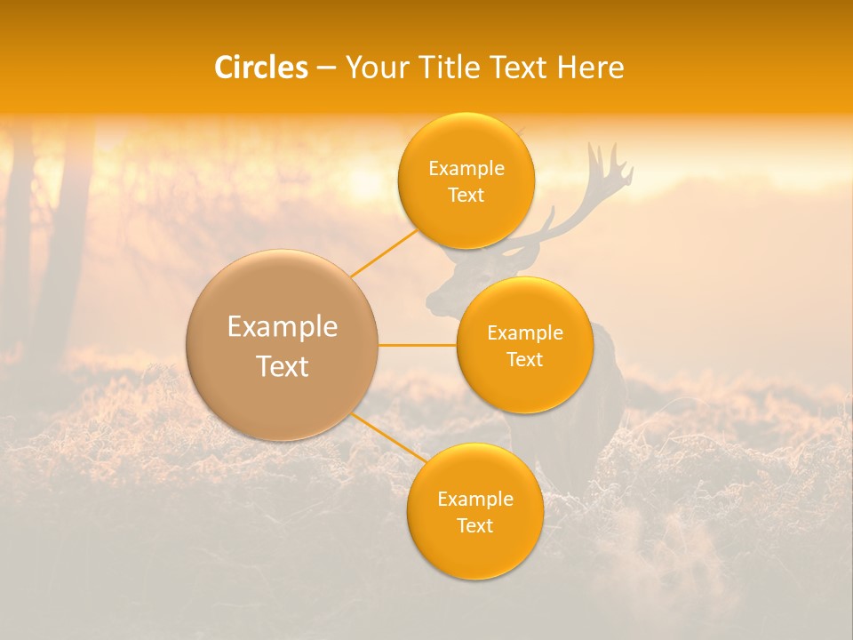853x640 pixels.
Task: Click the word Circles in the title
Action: coord(261,68)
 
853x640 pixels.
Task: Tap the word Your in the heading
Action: coord(372,68)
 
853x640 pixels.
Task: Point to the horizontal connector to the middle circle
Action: coord(418,345)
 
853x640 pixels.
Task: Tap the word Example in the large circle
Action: coord(282,327)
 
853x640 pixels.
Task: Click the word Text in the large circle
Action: coord(282,366)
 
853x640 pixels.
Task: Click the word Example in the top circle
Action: coord(466,169)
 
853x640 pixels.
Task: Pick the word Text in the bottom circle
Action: coord(474,526)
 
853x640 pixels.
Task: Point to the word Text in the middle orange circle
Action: coord(524,360)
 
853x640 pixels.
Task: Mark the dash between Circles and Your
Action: coord(326,68)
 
